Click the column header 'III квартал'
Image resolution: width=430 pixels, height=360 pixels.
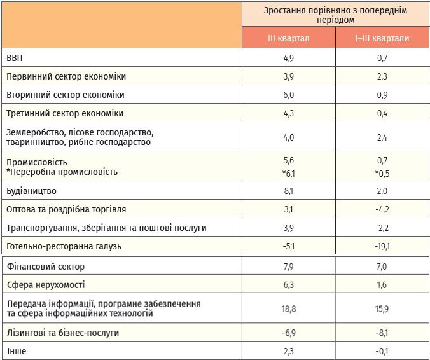point(289,38)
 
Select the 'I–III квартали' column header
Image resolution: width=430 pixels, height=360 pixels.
point(382,38)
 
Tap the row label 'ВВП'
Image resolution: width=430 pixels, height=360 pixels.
point(15,58)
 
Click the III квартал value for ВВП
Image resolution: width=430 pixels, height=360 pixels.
point(289,58)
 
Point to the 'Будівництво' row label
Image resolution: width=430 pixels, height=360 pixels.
point(32,191)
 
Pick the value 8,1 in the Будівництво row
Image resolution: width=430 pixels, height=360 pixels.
point(289,191)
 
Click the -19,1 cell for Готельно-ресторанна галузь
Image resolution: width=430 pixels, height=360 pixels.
point(382,246)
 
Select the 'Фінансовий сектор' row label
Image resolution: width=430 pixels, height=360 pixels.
point(46,267)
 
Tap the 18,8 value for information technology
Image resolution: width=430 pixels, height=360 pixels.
point(289,309)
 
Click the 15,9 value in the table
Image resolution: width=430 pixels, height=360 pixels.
point(382,309)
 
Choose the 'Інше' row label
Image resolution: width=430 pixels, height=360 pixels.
point(17,351)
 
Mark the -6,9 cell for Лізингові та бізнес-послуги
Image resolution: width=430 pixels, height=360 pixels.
point(289,333)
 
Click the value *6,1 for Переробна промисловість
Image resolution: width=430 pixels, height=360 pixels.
point(289,174)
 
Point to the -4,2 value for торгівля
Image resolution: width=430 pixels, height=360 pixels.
point(382,209)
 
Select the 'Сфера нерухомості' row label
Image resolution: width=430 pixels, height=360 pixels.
point(46,285)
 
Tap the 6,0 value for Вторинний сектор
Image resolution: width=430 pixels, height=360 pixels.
point(289,95)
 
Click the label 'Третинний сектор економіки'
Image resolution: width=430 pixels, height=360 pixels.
point(65,113)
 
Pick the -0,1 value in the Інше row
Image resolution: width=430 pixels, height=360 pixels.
point(382,351)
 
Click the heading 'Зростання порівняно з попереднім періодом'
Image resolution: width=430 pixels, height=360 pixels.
point(335,15)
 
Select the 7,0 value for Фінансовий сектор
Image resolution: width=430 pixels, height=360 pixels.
point(382,267)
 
